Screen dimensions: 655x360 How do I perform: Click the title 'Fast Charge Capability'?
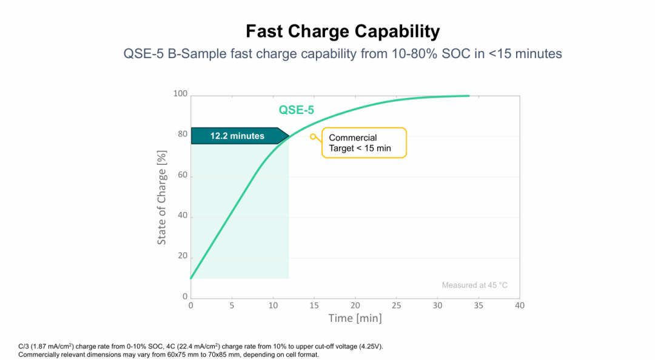pos(343,32)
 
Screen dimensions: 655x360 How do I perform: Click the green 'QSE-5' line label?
pos(296,110)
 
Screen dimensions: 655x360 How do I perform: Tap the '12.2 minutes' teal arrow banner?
pos(240,136)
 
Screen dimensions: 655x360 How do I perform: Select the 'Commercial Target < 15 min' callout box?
pos(364,143)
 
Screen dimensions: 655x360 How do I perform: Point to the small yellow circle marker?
pos(313,136)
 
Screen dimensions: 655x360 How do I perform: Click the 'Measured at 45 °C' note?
pos(474,285)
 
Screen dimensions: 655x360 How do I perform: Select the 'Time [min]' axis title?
pos(355,318)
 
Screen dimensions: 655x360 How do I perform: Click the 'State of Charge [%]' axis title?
pos(162,198)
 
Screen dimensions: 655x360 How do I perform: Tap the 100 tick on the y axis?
pos(181,93)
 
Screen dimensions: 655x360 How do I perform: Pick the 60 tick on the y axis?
pos(183,175)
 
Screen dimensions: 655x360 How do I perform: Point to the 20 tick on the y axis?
pos(183,256)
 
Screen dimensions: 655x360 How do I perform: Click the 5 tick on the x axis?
pos(232,305)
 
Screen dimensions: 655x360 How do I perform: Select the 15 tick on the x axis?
pos(314,305)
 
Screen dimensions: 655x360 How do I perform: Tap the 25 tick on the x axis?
pos(396,305)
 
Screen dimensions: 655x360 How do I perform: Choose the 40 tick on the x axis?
pos(519,305)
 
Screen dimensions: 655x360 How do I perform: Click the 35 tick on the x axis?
pos(479,305)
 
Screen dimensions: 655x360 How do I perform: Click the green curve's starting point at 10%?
pos(191,278)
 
